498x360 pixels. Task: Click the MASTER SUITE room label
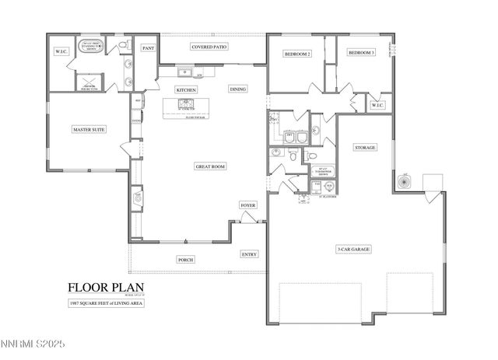click(x=89, y=129)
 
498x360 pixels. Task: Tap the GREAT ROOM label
click(x=210, y=166)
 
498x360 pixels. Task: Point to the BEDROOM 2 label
click(x=297, y=54)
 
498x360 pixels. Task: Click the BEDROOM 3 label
click(x=361, y=52)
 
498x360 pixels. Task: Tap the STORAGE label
click(x=366, y=147)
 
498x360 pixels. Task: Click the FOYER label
click(x=247, y=205)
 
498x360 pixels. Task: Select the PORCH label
click(x=186, y=259)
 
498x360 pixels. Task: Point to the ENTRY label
click(x=249, y=254)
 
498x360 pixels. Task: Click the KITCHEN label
click(x=186, y=90)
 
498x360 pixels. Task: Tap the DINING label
click(x=238, y=89)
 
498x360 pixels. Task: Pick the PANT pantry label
click(x=148, y=48)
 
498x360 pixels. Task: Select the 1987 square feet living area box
click(x=106, y=302)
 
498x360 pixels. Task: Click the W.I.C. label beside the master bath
click(x=61, y=52)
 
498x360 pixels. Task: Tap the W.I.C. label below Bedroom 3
click(x=377, y=105)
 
